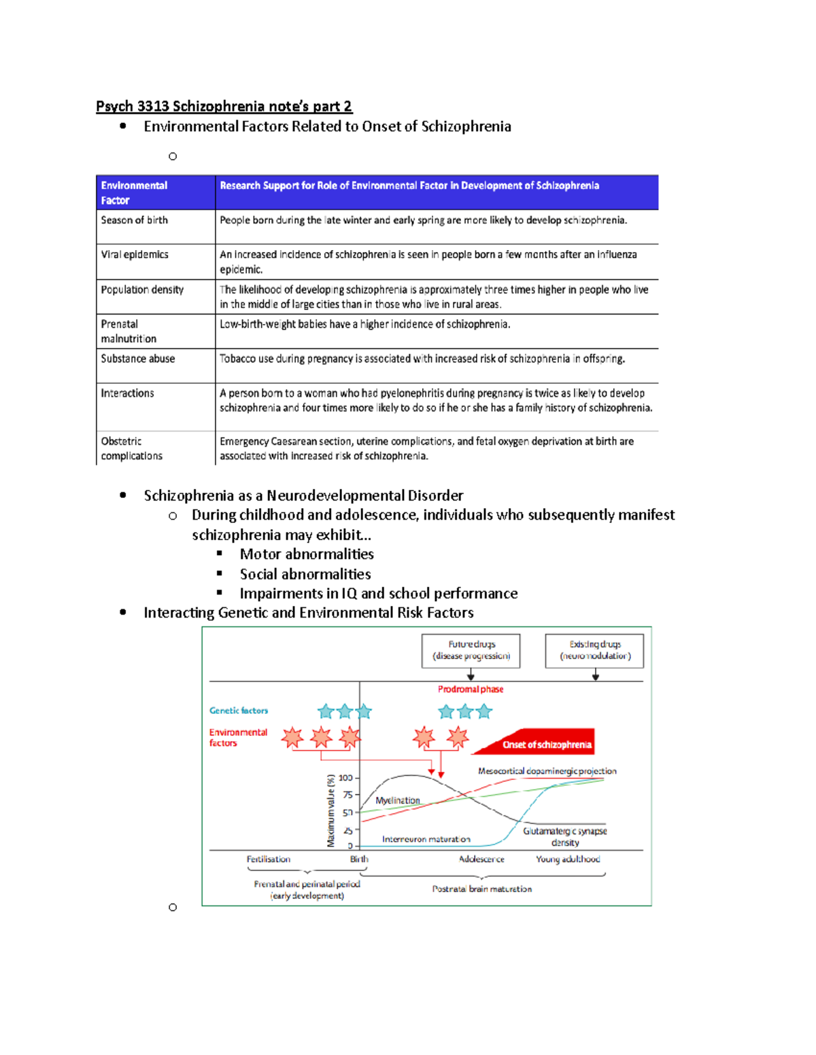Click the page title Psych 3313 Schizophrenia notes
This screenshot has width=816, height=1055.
pyautogui.click(x=224, y=106)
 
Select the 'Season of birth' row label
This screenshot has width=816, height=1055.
pyautogui.click(x=134, y=220)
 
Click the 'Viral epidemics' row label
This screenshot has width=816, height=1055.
pyautogui.click(x=135, y=255)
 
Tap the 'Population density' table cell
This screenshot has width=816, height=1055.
pyautogui.click(x=142, y=289)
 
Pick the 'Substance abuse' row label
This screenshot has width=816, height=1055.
pyautogui.click(x=138, y=359)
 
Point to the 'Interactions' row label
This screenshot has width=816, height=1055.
pyautogui.click(x=127, y=393)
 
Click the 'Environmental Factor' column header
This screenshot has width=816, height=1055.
pyautogui.click(x=134, y=192)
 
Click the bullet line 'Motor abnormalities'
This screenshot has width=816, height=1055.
pyautogui.click(x=307, y=554)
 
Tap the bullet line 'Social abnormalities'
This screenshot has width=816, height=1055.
pyautogui.click(x=305, y=574)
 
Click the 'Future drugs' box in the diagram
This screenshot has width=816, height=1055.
pyautogui.click(x=471, y=650)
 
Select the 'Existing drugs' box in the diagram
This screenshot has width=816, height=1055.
pyautogui.click(x=595, y=650)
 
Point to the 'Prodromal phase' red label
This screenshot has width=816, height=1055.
pyautogui.click(x=471, y=689)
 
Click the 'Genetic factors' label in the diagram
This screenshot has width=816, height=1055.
pyautogui.click(x=239, y=711)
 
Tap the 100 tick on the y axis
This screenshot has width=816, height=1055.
pyautogui.click(x=345, y=778)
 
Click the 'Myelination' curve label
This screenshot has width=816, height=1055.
pyautogui.click(x=398, y=800)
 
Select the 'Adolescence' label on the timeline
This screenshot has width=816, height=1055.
pyautogui.click(x=481, y=859)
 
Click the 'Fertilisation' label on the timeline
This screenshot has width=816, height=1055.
pyautogui.click(x=268, y=859)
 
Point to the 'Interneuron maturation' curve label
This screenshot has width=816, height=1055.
pyautogui.click(x=426, y=839)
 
